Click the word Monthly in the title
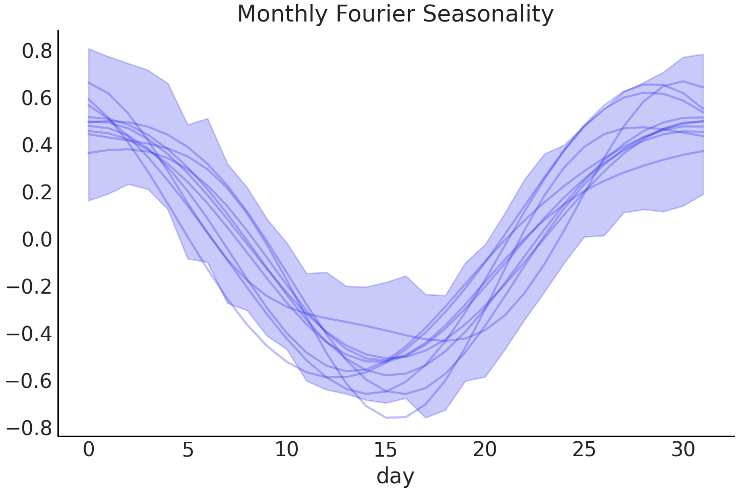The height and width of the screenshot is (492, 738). [283, 14]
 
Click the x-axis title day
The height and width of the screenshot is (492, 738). [395, 476]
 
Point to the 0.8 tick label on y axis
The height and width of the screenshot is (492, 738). [37, 51]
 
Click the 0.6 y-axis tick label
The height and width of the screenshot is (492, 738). [37, 98]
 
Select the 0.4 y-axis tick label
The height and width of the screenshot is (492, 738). [37, 146]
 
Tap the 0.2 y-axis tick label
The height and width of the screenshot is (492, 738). [37, 193]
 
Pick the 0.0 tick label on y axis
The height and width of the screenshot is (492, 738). [37, 240]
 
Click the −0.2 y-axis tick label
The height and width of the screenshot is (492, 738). [29, 287]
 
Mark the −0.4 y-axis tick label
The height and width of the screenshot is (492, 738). [29, 334]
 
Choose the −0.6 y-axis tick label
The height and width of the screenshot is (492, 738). [29, 381]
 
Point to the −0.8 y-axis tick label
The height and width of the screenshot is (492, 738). [29, 428]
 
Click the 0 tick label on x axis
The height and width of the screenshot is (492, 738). [89, 450]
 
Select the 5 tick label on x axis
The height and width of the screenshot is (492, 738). [188, 450]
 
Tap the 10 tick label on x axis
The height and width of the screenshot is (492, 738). [286, 450]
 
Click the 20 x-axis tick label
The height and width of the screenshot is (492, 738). [485, 450]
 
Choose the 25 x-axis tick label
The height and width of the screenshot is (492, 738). [584, 450]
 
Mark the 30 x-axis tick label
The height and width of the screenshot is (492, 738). [683, 450]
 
